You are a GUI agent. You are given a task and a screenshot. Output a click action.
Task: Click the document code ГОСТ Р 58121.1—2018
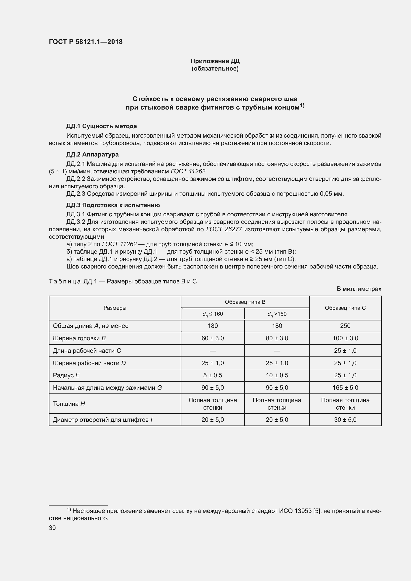85,42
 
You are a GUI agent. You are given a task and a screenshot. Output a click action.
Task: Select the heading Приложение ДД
215,61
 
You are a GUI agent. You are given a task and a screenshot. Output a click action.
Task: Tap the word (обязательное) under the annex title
215,69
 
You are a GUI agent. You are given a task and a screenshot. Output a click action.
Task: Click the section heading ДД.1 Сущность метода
101,126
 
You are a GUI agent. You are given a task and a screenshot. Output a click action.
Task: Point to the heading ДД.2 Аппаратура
92,154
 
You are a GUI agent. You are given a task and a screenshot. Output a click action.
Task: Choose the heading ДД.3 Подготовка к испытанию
113,205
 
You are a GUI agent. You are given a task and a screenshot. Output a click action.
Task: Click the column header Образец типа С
345,308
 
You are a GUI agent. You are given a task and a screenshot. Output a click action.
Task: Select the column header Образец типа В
245,302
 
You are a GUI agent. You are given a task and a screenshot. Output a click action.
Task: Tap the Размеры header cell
115,308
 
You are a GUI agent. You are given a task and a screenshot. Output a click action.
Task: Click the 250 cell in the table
345,326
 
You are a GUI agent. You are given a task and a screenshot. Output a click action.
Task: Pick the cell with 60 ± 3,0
213,338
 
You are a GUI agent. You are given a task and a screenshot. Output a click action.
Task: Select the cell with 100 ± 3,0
345,338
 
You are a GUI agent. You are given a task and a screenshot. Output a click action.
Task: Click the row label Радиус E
66,375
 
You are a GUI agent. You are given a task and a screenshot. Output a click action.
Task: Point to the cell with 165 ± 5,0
345,388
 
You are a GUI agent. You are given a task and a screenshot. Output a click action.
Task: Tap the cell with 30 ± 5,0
345,420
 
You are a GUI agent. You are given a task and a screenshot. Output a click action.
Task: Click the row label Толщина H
69,404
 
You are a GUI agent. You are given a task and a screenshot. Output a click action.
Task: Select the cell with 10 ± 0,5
277,375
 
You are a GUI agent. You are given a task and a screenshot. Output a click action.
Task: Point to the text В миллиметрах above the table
359,289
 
